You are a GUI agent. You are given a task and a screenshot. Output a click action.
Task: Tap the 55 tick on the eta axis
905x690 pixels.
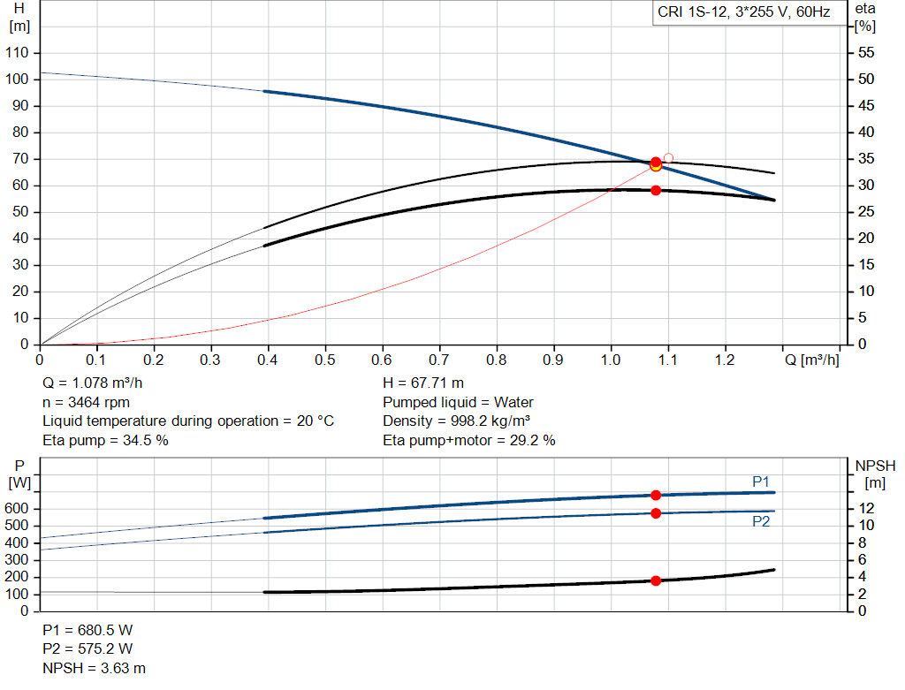coord(867,53)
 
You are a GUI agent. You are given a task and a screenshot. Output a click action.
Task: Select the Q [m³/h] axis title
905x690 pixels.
coord(811,360)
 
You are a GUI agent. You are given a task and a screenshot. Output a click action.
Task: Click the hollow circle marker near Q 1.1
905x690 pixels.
coord(668,158)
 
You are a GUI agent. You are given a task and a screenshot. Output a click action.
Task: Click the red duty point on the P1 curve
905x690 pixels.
coord(656,496)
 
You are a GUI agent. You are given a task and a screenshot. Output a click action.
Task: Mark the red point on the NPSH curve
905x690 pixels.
coord(656,580)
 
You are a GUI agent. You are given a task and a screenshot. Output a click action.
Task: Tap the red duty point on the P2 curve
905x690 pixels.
coord(656,513)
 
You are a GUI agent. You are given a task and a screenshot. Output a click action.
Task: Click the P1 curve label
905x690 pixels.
coord(761,481)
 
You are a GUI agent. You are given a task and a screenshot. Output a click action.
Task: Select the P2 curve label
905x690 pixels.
coord(761,521)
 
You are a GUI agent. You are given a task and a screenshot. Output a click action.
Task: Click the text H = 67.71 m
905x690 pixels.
coord(423,383)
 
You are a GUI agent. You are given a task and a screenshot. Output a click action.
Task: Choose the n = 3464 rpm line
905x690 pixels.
coord(86,402)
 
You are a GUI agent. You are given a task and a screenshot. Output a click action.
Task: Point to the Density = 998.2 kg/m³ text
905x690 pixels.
coord(456,421)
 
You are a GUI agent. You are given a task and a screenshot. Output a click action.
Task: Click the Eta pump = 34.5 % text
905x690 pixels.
coord(105,440)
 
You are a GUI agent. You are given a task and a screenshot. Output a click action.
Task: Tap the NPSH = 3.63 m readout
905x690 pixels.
coord(94,668)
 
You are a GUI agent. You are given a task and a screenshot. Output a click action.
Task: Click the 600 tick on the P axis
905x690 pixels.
coord(19,509)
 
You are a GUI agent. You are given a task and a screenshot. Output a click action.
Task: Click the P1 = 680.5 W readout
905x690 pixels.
coord(87,630)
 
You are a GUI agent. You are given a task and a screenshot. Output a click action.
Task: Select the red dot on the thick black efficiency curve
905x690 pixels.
coord(656,190)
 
